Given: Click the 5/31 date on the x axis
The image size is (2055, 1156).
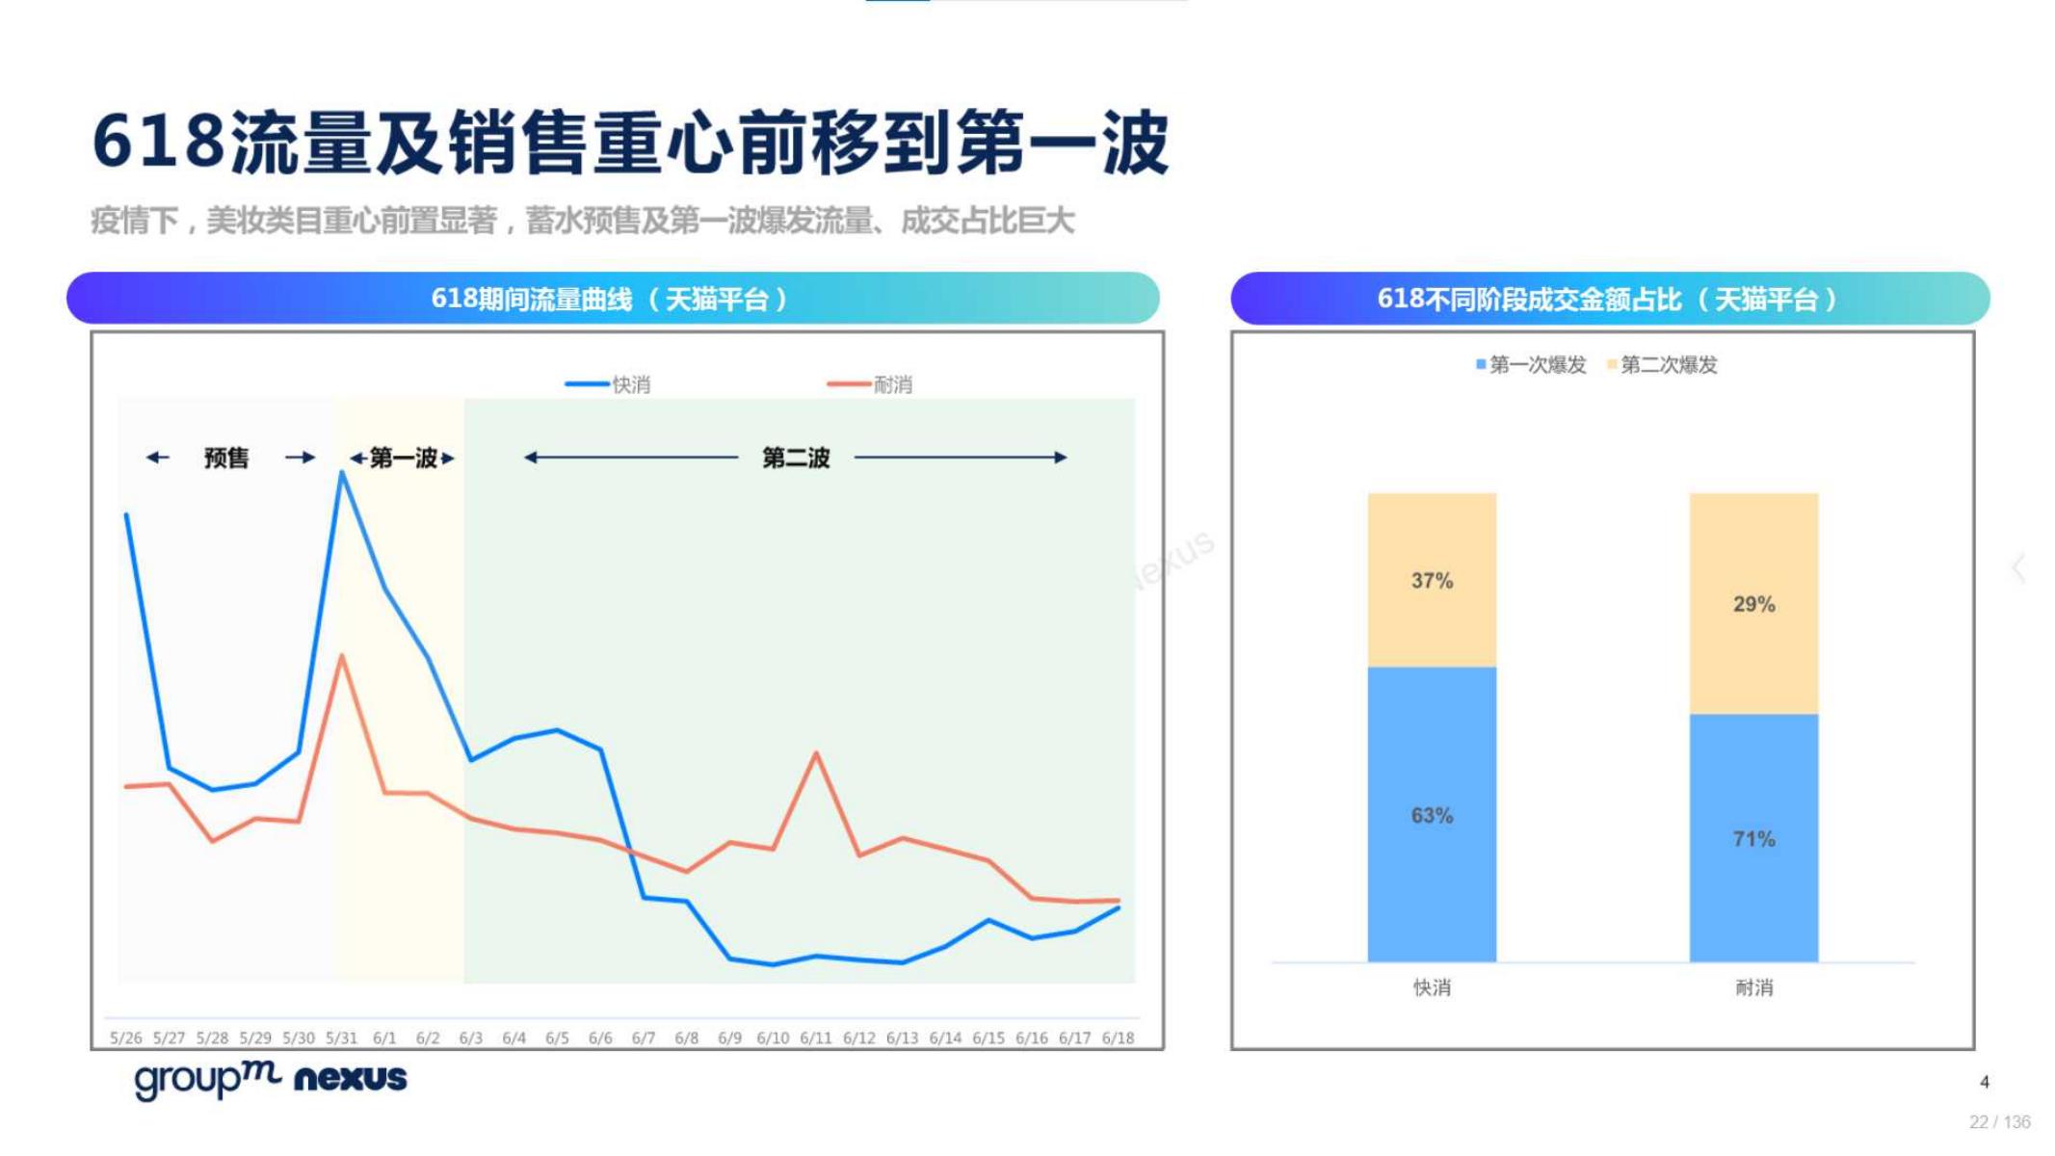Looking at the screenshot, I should click(341, 1038).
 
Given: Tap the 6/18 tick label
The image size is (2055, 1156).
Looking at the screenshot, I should click(1118, 1038).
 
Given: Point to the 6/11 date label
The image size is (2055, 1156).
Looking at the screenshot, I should click(815, 1038).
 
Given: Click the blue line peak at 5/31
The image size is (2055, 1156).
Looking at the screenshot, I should click(342, 473).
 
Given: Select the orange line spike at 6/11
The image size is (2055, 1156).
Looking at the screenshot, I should click(816, 753).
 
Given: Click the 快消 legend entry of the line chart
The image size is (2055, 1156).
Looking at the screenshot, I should click(617, 384).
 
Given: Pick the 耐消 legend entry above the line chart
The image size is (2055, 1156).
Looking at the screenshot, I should click(881, 384).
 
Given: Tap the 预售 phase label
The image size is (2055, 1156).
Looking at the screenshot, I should click(226, 458).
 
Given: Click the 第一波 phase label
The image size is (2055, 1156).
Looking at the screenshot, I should click(403, 458).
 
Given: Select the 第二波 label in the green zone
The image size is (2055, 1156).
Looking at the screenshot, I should click(795, 458).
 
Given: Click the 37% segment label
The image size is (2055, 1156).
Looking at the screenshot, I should click(1431, 581).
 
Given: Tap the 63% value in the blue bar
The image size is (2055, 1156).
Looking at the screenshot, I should click(1431, 816).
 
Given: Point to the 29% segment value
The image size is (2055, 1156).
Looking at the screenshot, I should click(1752, 604).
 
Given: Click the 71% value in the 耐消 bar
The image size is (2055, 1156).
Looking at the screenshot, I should click(1752, 839).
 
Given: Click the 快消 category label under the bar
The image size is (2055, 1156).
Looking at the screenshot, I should click(1431, 987).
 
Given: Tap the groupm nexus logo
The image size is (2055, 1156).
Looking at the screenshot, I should click(271, 1079).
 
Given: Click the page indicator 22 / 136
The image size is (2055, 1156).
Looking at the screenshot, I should click(1999, 1122).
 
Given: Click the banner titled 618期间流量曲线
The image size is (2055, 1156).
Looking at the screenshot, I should click(612, 299).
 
